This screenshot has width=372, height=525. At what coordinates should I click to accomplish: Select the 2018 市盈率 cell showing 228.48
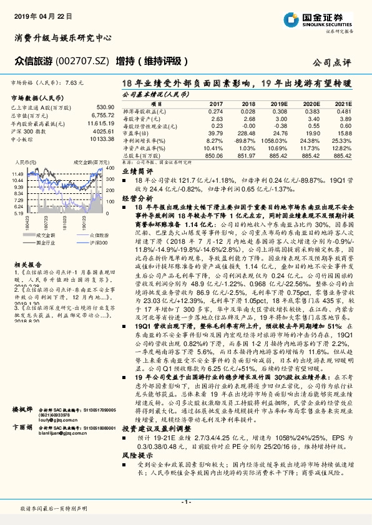click(245, 132)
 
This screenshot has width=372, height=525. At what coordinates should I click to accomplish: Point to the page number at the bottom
click(185, 502)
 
